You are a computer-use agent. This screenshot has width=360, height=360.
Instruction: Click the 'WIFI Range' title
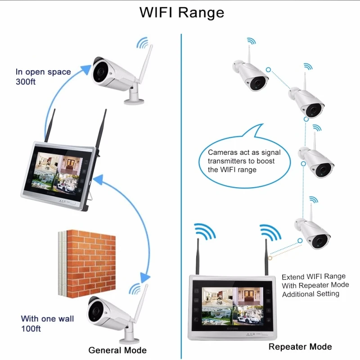[182, 13]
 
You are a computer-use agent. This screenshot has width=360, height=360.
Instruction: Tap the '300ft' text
[26, 82]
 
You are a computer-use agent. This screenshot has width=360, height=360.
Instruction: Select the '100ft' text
[31, 328]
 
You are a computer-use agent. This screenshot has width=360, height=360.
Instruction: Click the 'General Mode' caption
[117, 350]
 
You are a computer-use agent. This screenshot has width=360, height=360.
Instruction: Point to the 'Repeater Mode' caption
[300, 346]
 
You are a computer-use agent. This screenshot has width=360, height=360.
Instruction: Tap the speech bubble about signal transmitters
[244, 158]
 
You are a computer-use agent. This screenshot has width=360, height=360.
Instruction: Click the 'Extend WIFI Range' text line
[313, 277]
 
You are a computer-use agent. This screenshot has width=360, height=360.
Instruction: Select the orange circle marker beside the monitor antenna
[270, 258]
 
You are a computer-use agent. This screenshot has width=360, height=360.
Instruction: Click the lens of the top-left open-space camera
[100, 72]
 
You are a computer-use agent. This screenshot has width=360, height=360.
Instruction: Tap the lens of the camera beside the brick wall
[96, 310]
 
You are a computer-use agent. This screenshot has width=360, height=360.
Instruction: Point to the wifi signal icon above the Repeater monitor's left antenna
[205, 231]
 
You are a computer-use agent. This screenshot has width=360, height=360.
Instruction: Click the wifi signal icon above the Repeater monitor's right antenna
[270, 232]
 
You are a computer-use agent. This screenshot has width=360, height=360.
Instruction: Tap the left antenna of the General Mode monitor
[50, 126]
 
